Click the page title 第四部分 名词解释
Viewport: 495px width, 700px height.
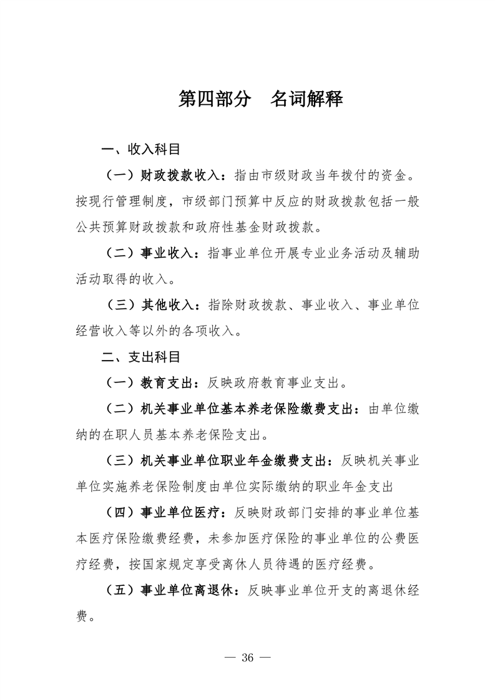pyautogui.click(x=260, y=99)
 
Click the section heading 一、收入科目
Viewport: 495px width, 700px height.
pyautogui.click(x=141, y=150)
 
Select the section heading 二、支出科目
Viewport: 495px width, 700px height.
pyautogui.click(x=141, y=357)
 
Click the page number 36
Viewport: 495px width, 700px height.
pyautogui.click(x=248, y=658)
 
